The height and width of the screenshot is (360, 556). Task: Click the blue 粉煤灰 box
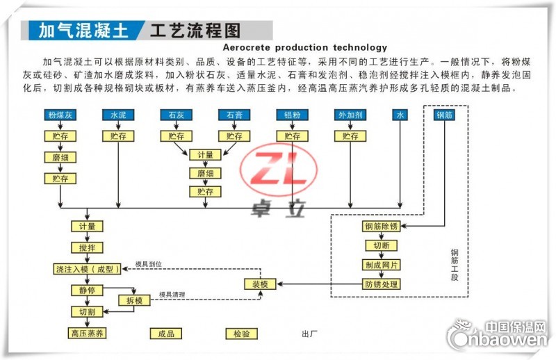pyautogui.click(x=60, y=115)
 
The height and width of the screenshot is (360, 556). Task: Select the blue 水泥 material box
pyautogui.click(x=118, y=115)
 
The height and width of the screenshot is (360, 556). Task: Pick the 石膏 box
pyautogui.click(x=234, y=115)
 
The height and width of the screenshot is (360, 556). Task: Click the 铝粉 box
pyautogui.click(x=292, y=115)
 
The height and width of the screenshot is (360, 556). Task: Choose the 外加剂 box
pyautogui.click(x=350, y=115)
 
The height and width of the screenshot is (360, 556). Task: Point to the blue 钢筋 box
pyautogui.click(x=444, y=115)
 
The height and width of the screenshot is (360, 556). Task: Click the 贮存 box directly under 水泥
pyautogui.click(x=118, y=136)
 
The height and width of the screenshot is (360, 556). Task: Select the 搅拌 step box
pyautogui.click(x=87, y=247)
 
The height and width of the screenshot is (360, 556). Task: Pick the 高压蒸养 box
pyautogui.click(x=87, y=334)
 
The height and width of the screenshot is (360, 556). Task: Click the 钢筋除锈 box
pyautogui.click(x=381, y=227)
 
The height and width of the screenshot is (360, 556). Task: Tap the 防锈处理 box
pyautogui.click(x=381, y=284)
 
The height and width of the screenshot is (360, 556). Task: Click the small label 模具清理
pyautogui.click(x=172, y=295)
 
